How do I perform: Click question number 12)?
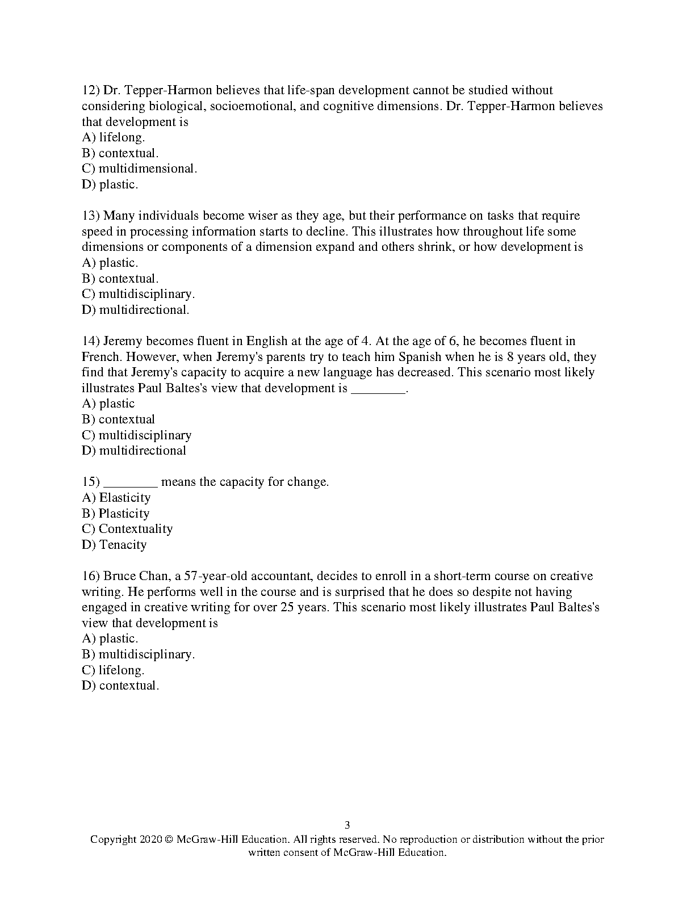coord(91,90)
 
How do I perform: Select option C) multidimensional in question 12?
coord(139,169)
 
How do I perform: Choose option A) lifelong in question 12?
coord(114,137)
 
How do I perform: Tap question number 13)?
coord(91,216)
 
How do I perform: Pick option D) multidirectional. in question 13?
coord(136,310)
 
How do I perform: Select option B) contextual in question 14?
coord(119,419)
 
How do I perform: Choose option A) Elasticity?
coord(116,498)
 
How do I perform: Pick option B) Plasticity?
coord(116,514)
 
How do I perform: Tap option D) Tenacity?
coord(114,545)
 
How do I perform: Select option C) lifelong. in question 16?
coord(113,670)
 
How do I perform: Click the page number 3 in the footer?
coord(347,825)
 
